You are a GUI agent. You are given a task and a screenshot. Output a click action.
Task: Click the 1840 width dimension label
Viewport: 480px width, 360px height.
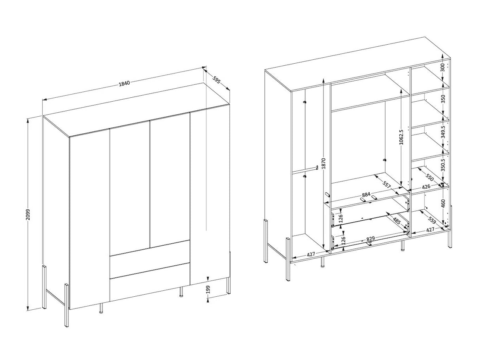pyautogui.click(x=125, y=83)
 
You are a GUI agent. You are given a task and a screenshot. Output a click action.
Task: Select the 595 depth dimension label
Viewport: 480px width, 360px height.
pyautogui.click(x=216, y=80)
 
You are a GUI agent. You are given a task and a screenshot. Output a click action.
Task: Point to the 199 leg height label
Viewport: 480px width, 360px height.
pyautogui.click(x=208, y=289)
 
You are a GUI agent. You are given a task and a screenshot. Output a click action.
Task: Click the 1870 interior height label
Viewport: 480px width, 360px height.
pyautogui.click(x=324, y=163)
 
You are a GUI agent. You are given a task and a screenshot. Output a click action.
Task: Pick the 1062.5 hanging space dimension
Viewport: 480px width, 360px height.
pyautogui.click(x=401, y=137)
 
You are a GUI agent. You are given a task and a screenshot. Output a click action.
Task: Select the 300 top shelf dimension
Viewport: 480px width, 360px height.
pyautogui.click(x=442, y=67)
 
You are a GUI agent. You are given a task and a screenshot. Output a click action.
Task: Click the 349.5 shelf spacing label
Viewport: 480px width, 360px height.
pyautogui.click(x=443, y=132)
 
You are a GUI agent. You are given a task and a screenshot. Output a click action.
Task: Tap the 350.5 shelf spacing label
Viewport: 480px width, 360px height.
pyautogui.click(x=443, y=165)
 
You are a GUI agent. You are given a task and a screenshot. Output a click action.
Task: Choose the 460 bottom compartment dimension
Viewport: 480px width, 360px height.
pyautogui.click(x=443, y=203)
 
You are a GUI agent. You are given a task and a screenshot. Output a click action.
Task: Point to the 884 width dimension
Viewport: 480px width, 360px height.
pyautogui.click(x=366, y=194)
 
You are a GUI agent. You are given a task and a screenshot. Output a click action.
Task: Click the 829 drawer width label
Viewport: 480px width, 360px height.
pyautogui.click(x=370, y=238)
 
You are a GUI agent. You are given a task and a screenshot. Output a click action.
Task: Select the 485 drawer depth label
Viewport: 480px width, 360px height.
pyautogui.click(x=397, y=221)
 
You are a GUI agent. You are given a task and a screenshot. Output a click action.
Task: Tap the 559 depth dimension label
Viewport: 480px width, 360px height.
pyautogui.click(x=432, y=221)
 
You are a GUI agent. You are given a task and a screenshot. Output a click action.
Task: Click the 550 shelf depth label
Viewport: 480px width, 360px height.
pyautogui.click(x=430, y=178)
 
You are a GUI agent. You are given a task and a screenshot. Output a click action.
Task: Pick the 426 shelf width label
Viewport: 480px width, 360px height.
pyautogui.click(x=426, y=187)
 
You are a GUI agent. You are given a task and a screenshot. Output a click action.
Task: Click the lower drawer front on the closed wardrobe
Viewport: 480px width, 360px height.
pyautogui.click(x=149, y=282)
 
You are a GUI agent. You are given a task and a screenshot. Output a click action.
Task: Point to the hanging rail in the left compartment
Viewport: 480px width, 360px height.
pyautogui.click(x=306, y=170)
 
